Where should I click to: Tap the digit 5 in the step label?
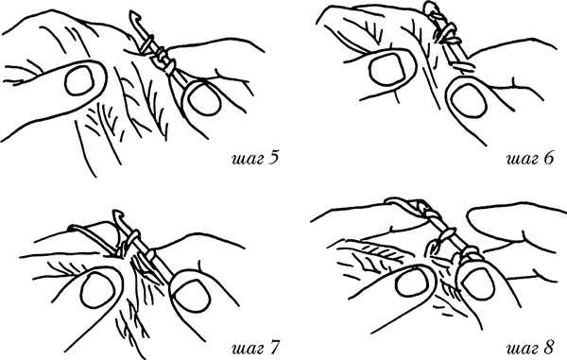click(274, 158)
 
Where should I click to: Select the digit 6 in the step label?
click(548, 158)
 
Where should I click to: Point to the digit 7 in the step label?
click(274, 348)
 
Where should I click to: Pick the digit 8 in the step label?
click(548, 348)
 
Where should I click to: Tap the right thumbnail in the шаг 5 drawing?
click(203, 98)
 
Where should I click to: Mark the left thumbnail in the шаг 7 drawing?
click(99, 290)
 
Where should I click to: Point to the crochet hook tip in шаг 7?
click(116, 214)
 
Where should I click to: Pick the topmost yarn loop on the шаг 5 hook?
click(147, 43)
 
